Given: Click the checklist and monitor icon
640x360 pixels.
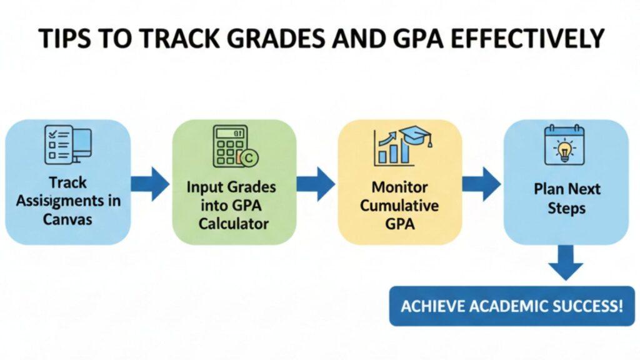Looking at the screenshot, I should coord(68,145).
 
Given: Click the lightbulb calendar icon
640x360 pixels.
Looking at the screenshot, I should coord(564,145).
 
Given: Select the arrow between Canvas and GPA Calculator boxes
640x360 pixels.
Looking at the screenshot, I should coord(151,183).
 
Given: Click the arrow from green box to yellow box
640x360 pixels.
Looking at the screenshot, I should coord(316,184).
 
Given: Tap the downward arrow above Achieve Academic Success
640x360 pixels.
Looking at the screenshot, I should coord(565,262).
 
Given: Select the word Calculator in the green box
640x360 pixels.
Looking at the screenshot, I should coord(234,223).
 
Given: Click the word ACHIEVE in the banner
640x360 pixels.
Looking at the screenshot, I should coord(428,307).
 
